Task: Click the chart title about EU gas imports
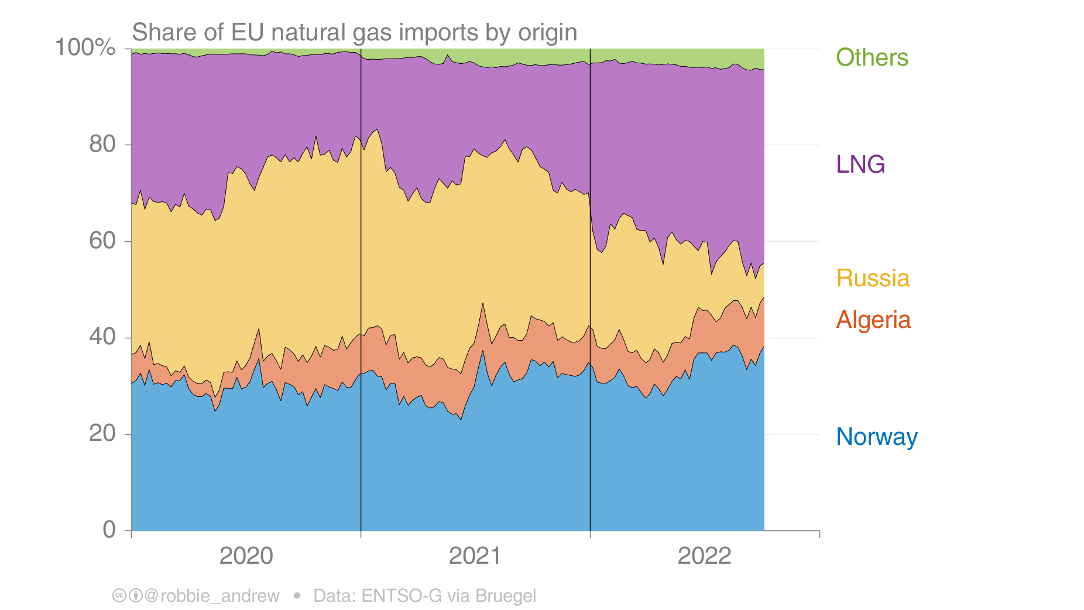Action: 354,32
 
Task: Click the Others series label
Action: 872,57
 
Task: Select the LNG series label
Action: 860,165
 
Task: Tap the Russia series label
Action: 872,278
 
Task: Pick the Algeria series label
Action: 873,320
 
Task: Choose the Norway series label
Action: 876,437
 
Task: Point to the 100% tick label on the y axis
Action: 85,47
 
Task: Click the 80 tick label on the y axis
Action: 102,144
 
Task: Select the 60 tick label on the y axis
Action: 102,241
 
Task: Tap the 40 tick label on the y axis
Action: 102,337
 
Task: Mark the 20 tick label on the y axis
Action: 102,433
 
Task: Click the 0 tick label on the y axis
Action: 109,529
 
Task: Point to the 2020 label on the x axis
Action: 246,556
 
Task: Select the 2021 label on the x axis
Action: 475,556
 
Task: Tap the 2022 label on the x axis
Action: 704,556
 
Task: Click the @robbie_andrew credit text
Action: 211,596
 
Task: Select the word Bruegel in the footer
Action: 505,596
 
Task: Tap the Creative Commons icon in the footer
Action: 119,596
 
